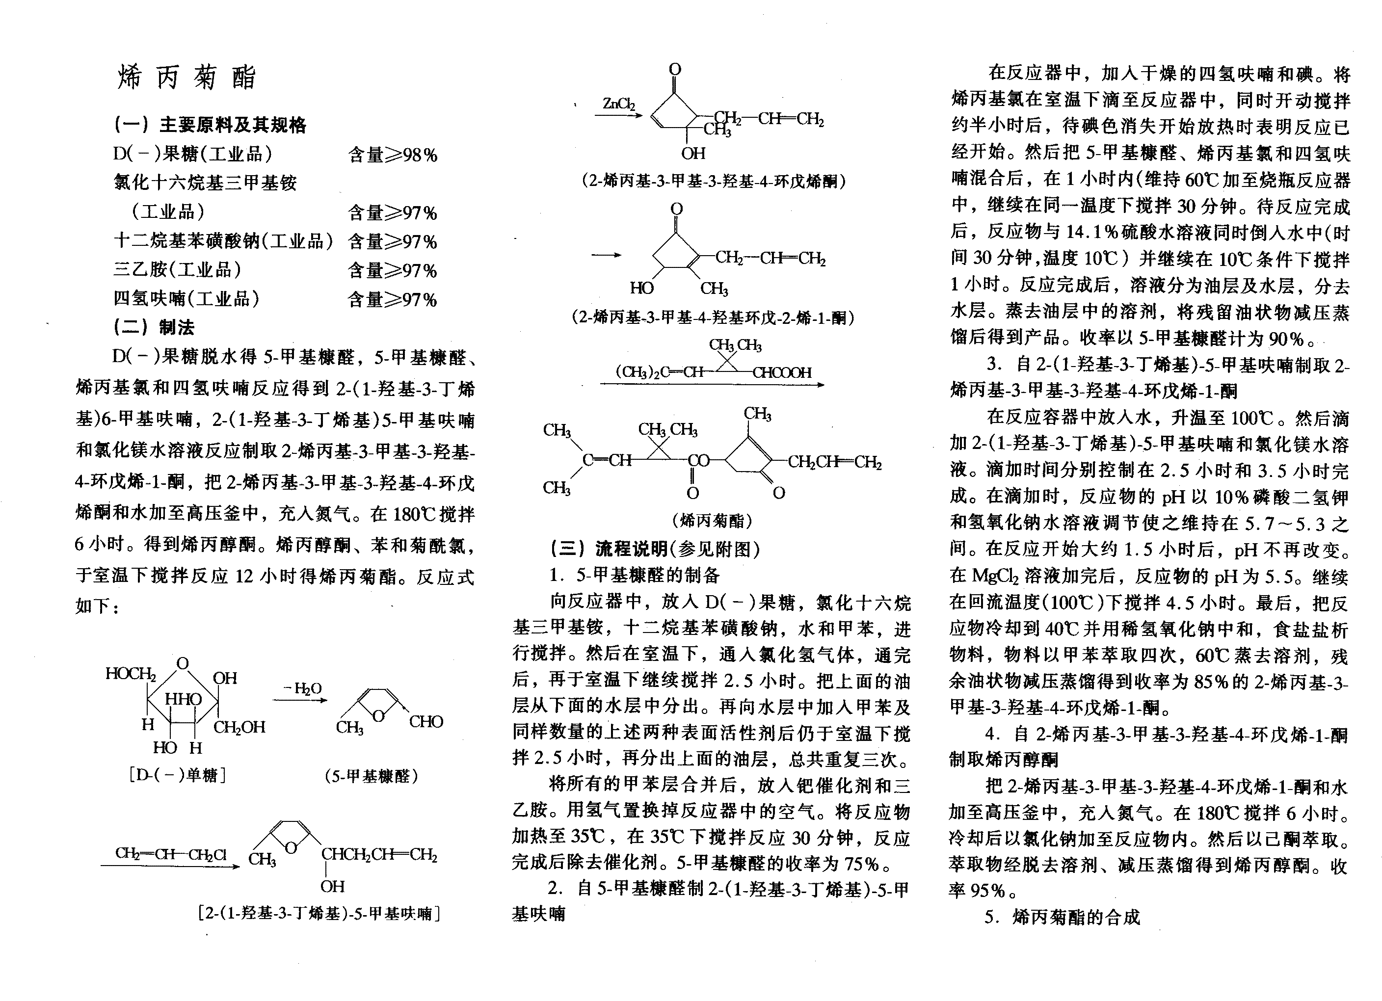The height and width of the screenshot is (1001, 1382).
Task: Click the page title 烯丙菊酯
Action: click(187, 78)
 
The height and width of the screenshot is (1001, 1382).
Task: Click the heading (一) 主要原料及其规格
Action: click(210, 125)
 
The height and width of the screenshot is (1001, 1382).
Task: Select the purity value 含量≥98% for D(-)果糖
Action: click(393, 155)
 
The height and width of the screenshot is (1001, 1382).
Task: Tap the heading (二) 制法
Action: click(154, 327)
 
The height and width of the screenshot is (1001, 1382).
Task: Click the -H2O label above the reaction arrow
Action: click(302, 688)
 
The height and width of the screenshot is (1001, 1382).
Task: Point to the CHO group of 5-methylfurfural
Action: click(426, 722)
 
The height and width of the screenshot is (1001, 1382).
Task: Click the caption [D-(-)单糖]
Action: click(177, 775)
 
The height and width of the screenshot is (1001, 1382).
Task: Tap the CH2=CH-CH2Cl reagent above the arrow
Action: click(171, 854)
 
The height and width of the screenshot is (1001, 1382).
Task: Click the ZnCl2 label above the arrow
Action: click(618, 104)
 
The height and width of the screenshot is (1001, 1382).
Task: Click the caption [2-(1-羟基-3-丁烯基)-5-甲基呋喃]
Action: click(319, 913)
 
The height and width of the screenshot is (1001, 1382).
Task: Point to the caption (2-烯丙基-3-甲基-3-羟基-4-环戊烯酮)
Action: click(713, 181)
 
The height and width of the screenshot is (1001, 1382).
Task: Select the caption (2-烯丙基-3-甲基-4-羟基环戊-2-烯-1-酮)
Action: click(713, 317)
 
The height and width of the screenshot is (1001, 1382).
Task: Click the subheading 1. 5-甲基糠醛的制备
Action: click(634, 575)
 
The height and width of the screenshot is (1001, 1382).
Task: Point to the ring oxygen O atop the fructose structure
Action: click(182, 663)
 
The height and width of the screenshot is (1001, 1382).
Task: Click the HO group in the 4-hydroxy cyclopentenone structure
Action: click(641, 288)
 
